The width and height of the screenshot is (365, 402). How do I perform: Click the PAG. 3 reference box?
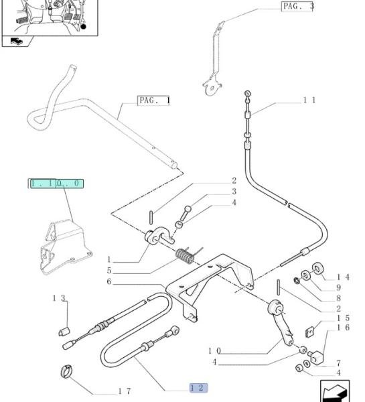(297, 7)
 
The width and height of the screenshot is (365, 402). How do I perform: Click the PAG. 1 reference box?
(153, 100)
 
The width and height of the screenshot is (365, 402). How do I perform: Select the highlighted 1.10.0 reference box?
(57, 184)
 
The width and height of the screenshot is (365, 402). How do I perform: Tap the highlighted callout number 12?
(198, 388)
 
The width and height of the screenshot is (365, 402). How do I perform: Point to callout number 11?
(309, 100)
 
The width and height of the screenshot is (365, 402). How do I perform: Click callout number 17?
(125, 391)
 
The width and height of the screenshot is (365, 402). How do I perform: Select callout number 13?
(59, 298)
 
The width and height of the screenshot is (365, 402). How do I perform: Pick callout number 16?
(343, 327)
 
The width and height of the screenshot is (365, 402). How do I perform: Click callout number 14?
(343, 277)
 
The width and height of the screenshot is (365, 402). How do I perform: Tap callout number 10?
(214, 350)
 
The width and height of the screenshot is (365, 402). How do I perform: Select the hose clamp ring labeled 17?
(66, 371)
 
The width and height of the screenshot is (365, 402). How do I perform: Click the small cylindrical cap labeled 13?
(64, 332)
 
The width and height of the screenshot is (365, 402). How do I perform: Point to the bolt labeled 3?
(186, 213)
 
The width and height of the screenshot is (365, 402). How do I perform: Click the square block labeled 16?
(317, 356)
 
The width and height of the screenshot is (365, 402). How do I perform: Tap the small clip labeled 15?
(310, 332)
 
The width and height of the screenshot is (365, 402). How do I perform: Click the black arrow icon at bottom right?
(335, 392)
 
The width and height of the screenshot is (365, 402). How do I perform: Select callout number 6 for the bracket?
(109, 281)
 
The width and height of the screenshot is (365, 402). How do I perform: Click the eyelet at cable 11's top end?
(248, 94)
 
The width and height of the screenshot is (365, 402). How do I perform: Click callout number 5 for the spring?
(109, 271)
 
